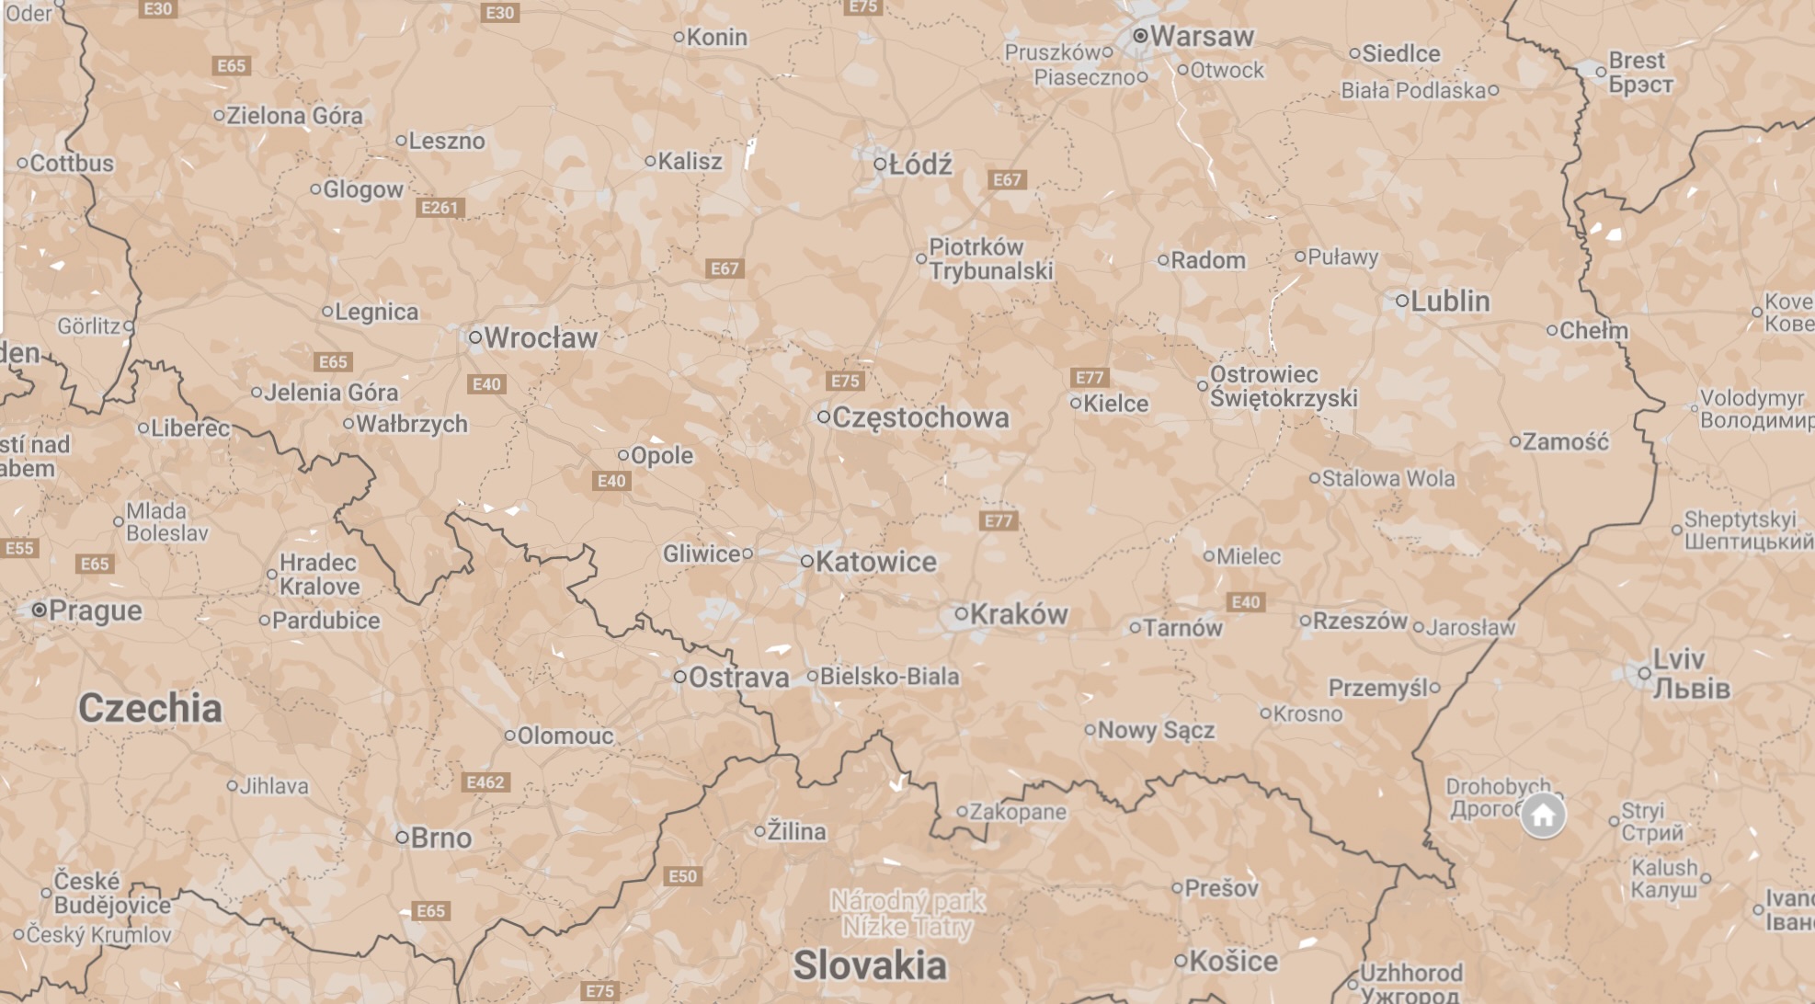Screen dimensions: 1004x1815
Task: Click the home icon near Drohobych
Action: click(x=1542, y=815)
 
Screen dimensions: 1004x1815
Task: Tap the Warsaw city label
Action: click(x=1201, y=37)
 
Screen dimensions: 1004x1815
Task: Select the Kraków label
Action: click(x=1019, y=614)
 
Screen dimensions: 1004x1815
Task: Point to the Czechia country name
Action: click(x=150, y=708)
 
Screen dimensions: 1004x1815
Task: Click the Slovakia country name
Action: click(x=869, y=965)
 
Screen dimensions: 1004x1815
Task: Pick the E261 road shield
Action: click(x=439, y=208)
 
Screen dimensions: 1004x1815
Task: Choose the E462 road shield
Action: click(x=485, y=782)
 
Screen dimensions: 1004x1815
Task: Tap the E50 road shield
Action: click(x=682, y=876)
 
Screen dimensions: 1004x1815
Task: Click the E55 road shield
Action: click(x=19, y=549)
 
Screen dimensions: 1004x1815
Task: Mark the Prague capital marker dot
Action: click(x=39, y=610)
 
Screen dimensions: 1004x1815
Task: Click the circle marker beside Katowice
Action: click(x=806, y=561)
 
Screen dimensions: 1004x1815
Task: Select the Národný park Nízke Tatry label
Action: click(x=907, y=913)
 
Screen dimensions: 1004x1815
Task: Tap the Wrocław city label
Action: click(x=541, y=337)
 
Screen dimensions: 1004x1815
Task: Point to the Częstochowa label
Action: click(x=919, y=417)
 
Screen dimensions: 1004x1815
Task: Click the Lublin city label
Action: click(x=1450, y=301)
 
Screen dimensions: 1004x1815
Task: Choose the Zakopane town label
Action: click(x=1018, y=812)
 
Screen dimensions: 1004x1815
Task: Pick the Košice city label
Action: click(x=1233, y=961)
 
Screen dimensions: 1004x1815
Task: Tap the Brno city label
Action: click(x=440, y=838)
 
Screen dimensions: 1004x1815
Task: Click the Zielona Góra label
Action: click(x=294, y=116)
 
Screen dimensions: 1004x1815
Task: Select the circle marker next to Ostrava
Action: click(x=679, y=677)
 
